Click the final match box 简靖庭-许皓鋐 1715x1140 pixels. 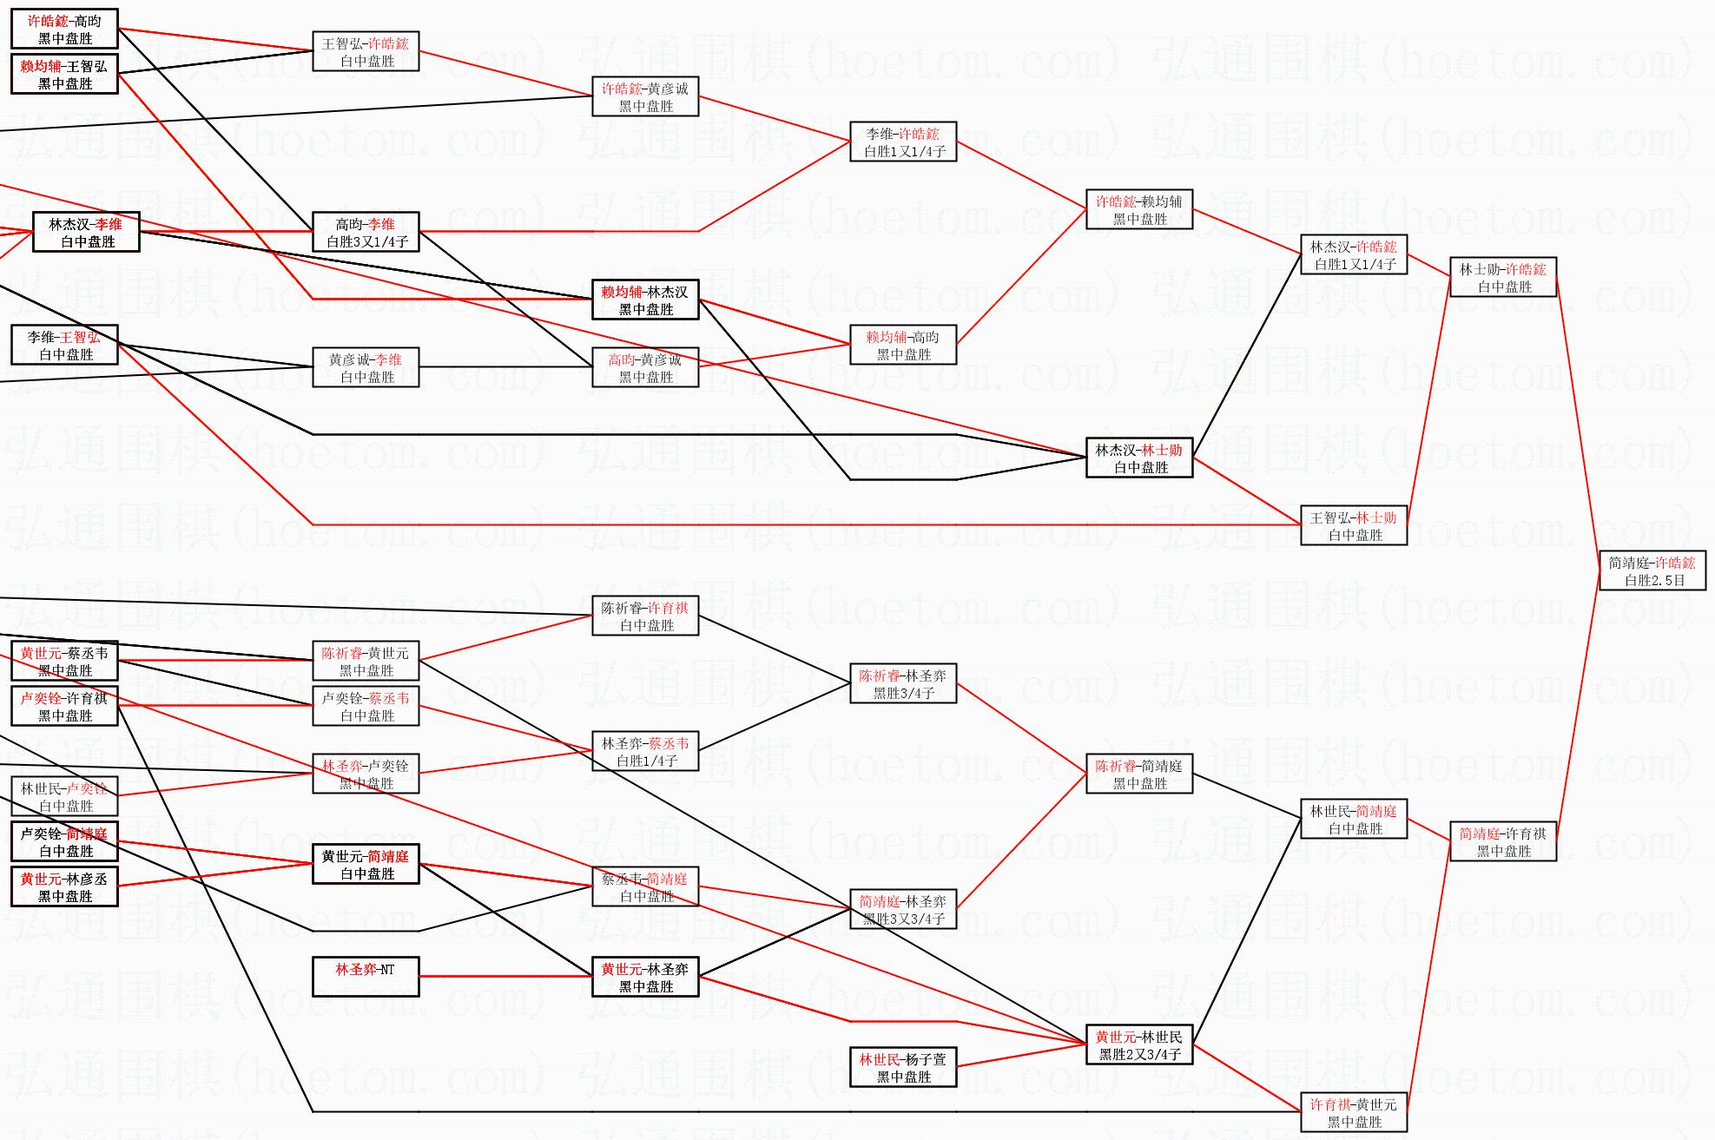pyautogui.click(x=1652, y=570)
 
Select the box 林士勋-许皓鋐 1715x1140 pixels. pyautogui.click(x=1502, y=277)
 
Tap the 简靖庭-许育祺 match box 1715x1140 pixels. pyautogui.click(x=1502, y=841)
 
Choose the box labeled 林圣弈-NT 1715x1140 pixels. pyautogui.click(x=366, y=977)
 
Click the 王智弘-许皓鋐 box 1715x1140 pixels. pyautogui.click(x=366, y=51)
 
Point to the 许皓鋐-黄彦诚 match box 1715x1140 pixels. pyautogui.click(x=645, y=96)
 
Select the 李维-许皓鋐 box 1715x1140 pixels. pyautogui.click(x=903, y=142)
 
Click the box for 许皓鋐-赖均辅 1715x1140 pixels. pyautogui.click(x=1138, y=209)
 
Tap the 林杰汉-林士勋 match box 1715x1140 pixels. pyautogui.click(x=1138, y=458)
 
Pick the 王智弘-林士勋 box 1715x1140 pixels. pyautogui.click(x=1353, y=525)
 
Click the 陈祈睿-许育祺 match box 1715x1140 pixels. pyautogui.click(x=645, y=616)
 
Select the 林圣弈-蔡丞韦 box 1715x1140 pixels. pyautogui.click(x=645, y=751)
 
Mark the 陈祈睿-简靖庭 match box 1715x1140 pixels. pyautogui.click(x=1138, y=774)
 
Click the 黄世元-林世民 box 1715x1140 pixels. pyautogui.click(x=1138, y=1044)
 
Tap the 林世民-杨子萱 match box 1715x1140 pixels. pyautogui.click(x=903, y=1067)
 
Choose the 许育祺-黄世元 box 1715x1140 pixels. pyautogui.click(x=1353, y=1112)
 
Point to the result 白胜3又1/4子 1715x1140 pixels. pyautogui.click(x=367, y=242)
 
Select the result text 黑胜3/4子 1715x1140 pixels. pyautogui.click(x=904, y=694)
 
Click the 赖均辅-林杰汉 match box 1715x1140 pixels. pyautogui.click(x=645, y=300)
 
